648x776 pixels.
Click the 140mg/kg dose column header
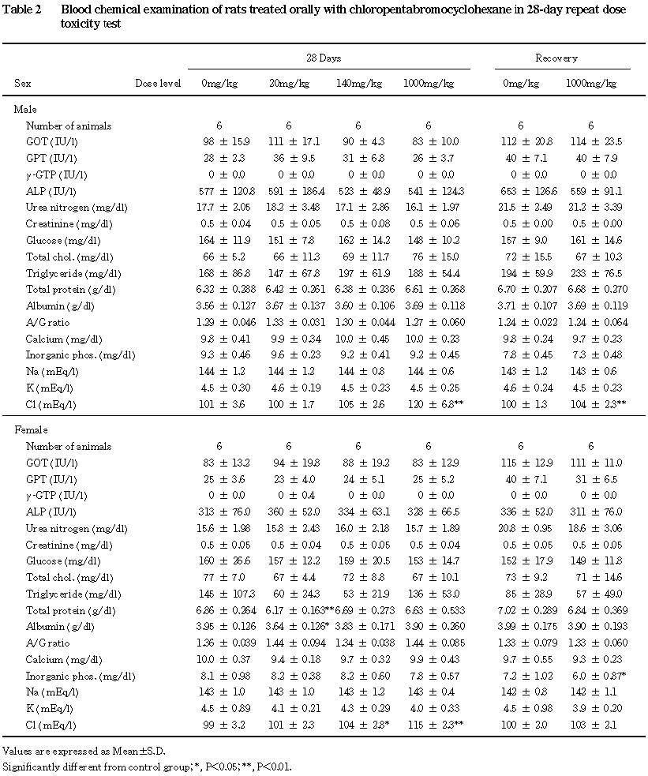point(359,83)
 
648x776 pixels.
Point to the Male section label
point(26,110)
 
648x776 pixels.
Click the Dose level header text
point(159,83)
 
